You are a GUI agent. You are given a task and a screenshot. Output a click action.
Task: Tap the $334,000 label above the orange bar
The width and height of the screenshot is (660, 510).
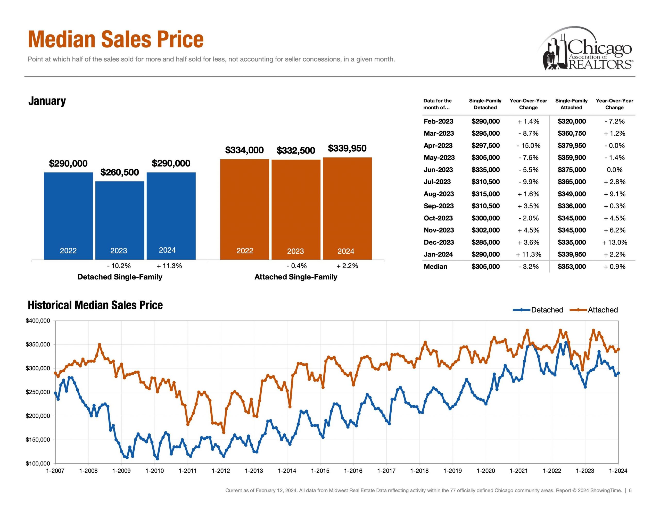click(x=244, y=150)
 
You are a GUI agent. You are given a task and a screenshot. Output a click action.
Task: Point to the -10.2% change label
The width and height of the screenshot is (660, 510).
click(x=119, y=266)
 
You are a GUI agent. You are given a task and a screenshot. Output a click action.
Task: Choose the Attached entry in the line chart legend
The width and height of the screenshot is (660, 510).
click(x=594, y=310)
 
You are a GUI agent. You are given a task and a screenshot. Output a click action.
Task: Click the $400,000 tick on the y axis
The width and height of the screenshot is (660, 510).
click(x=38, y=321)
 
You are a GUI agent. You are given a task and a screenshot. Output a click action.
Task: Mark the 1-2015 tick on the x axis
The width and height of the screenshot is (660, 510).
click(x=320, y=471)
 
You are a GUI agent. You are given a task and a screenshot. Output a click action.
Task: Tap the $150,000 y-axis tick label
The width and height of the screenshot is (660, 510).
click(x=38, y=440)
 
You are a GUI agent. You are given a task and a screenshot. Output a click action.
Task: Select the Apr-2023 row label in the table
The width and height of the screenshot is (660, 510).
click(x=438, y=145)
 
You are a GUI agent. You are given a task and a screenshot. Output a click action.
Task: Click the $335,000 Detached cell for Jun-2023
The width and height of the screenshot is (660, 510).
click(x=485, y=170)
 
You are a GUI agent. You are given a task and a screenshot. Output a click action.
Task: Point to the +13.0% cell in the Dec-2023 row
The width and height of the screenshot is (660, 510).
click(x=614, y=242)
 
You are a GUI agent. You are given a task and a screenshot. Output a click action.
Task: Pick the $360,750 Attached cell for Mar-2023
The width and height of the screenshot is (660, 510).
click(x=572, y=133)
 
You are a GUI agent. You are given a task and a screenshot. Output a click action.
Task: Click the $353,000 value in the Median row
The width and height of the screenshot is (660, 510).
click(x=572, y=267)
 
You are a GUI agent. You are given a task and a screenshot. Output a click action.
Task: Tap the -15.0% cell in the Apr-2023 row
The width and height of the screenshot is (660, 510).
click(x=528, y=145)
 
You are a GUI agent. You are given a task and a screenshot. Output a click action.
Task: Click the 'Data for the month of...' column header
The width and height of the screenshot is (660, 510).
click(x=437, y=104)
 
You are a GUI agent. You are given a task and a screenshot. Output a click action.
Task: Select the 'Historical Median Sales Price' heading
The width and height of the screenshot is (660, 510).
click(x=95, y=305)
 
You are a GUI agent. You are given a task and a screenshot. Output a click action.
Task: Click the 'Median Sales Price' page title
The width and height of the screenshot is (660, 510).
click(x=116, y=39)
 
